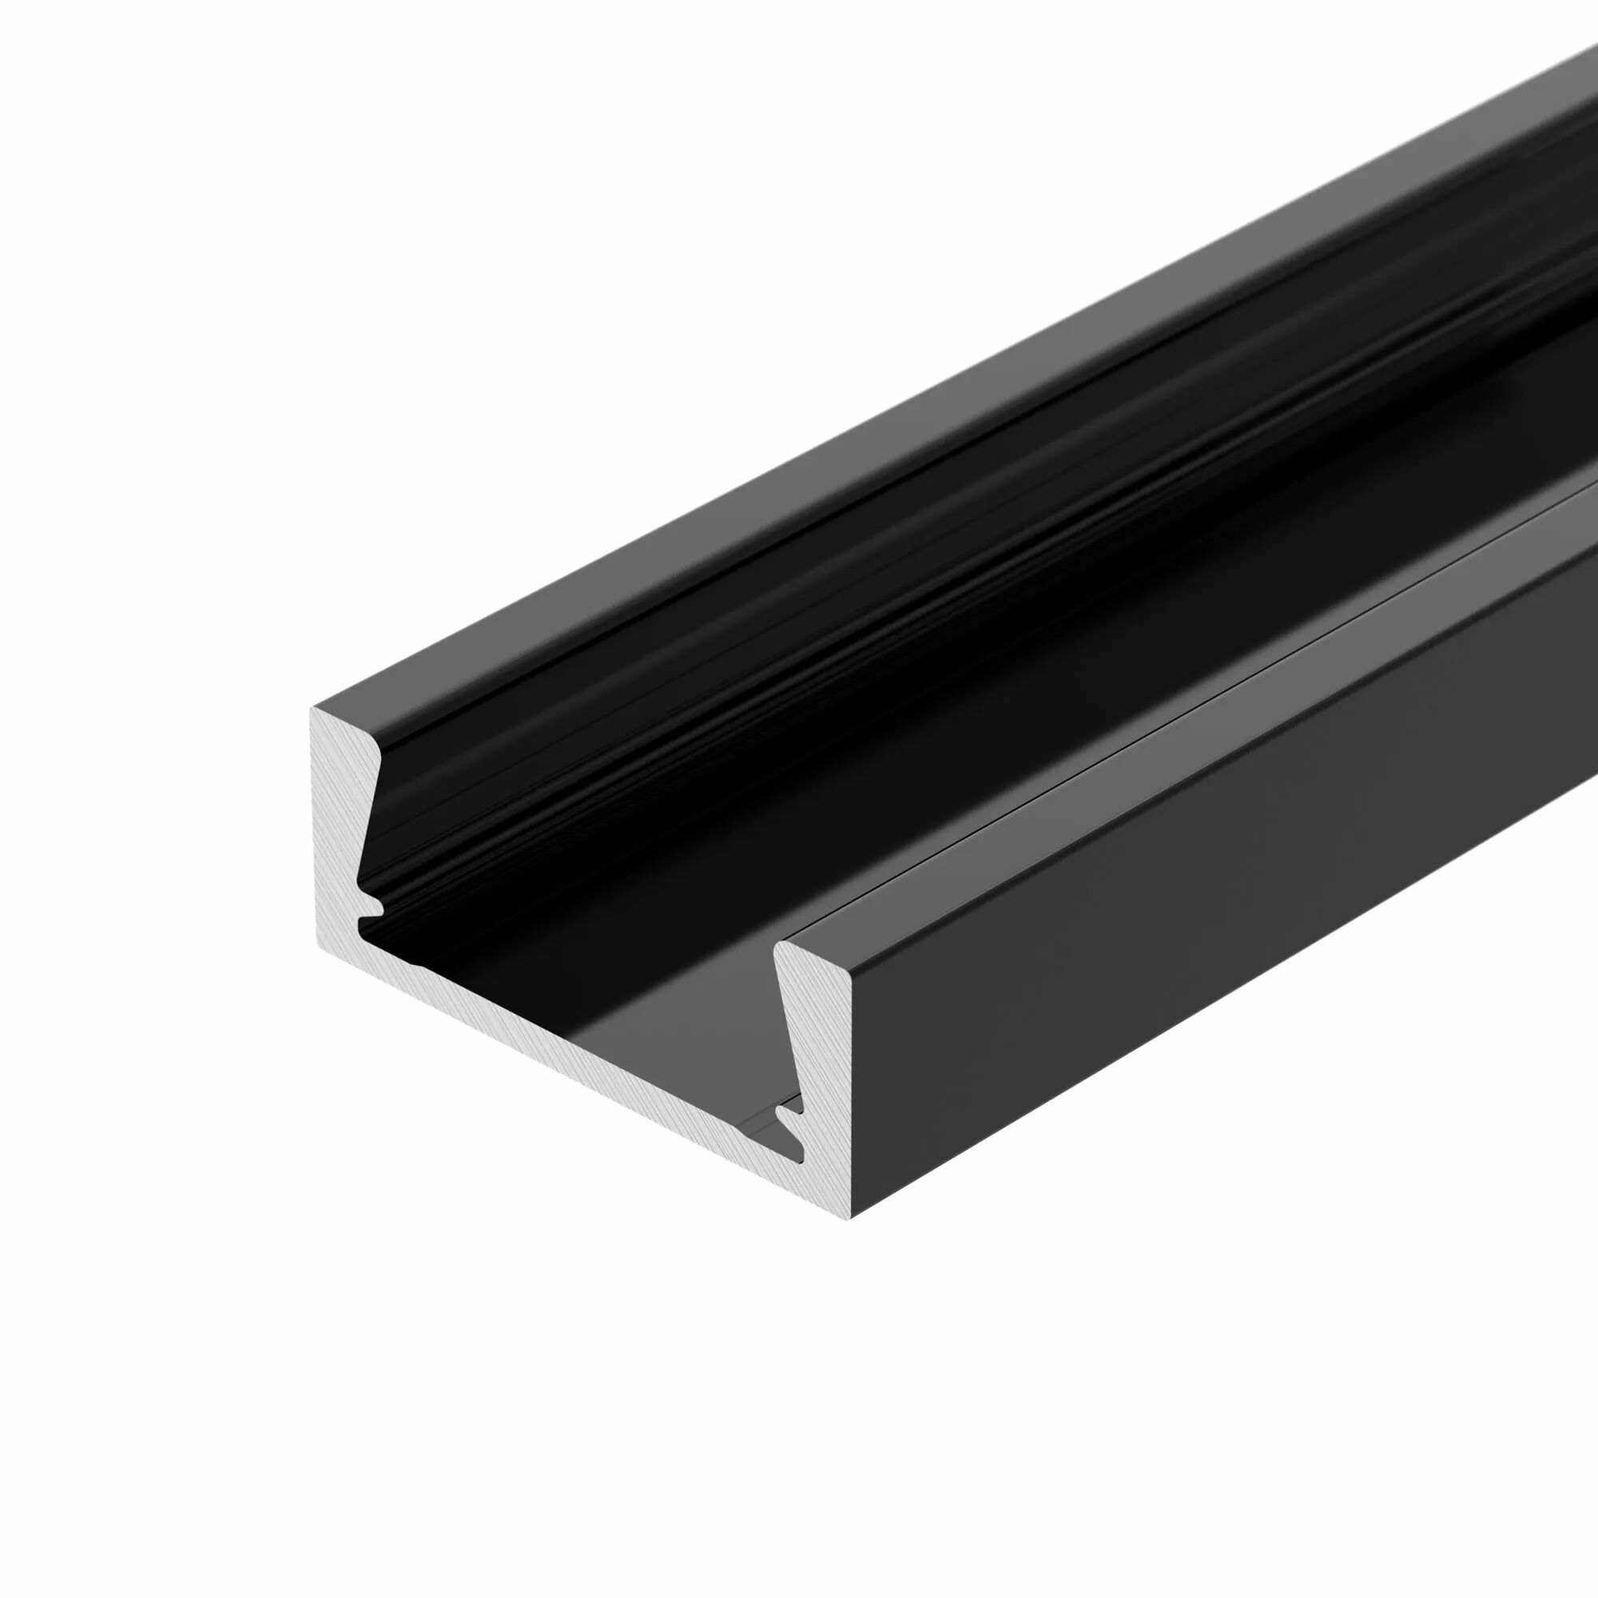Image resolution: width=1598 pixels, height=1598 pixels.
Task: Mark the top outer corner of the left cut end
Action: [x=312, y=710]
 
